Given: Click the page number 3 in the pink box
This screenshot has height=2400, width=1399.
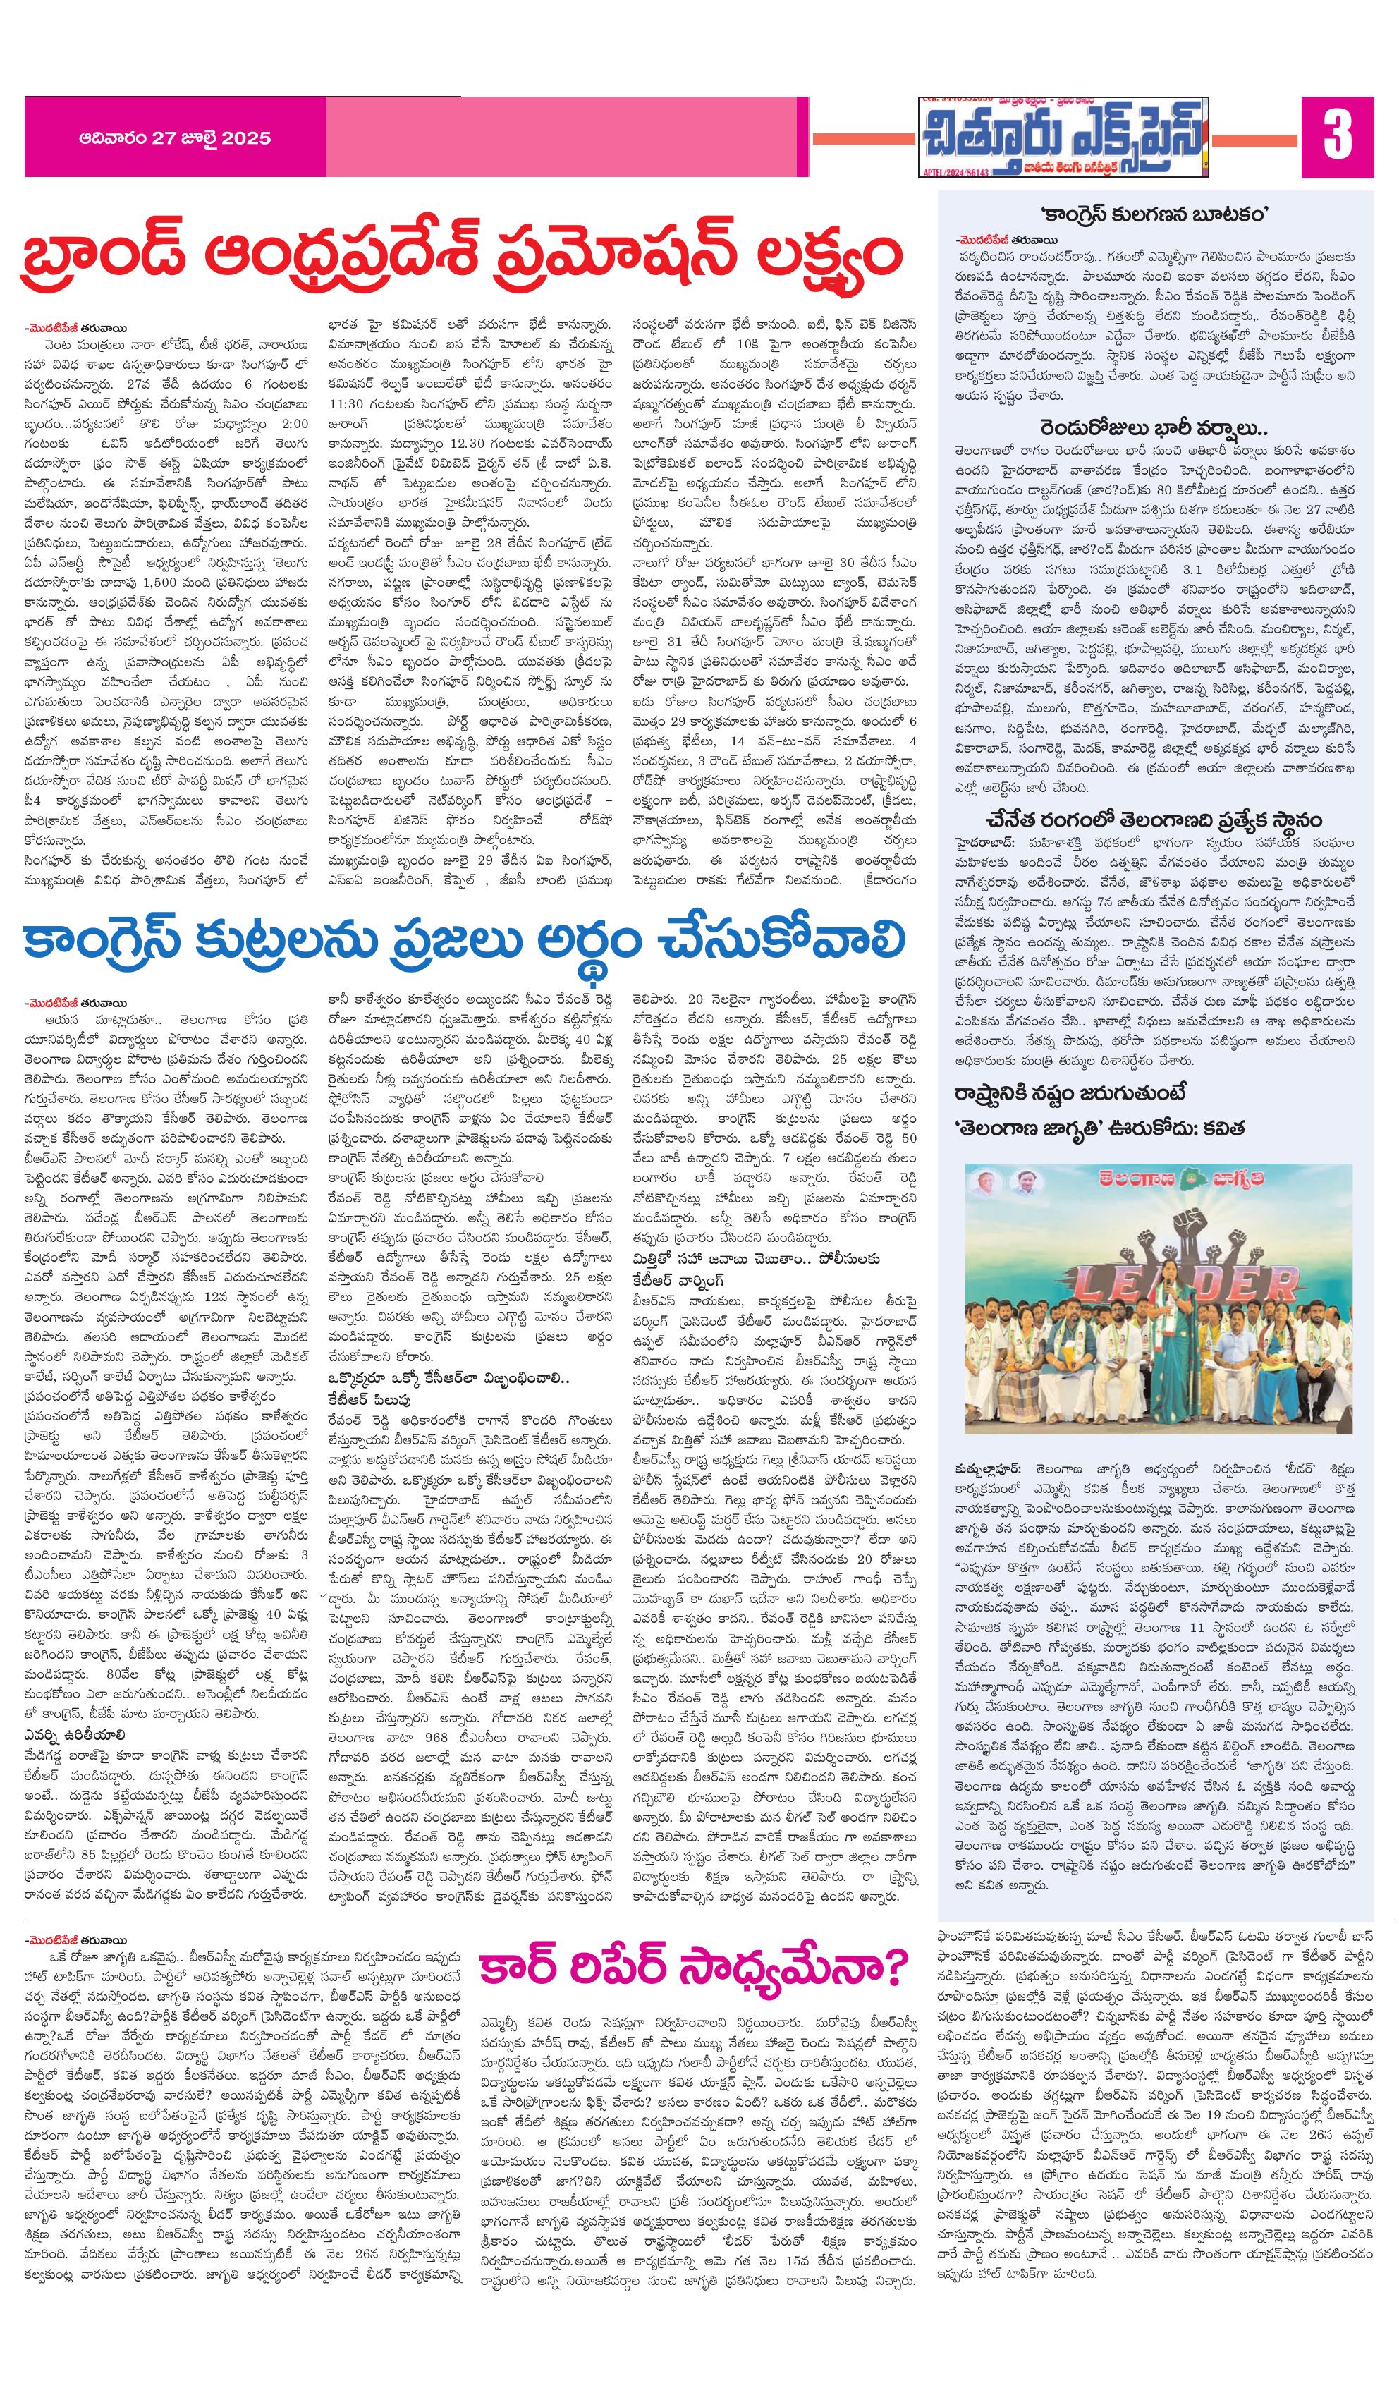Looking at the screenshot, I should (1337, 135).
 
